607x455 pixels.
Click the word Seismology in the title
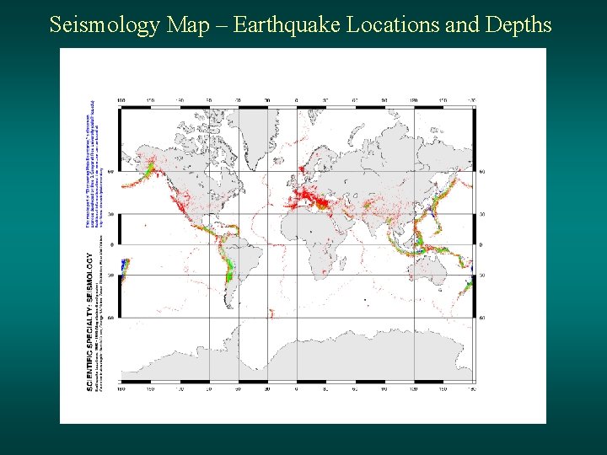coord(105,24)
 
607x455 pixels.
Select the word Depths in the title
coord(518,24)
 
